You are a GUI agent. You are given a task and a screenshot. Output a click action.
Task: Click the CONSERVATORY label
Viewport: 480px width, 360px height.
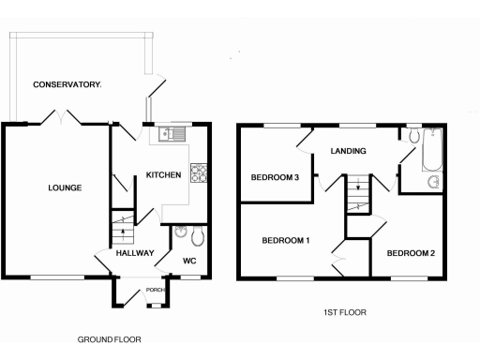click(x=67, y=85)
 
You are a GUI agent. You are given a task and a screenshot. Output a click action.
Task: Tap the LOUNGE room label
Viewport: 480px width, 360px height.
click(x=66, y=188)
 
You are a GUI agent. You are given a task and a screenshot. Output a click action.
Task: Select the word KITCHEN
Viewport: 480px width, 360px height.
click(x=162, y=174)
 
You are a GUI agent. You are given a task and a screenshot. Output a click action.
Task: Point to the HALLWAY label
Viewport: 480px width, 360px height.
click(x=134, y=253)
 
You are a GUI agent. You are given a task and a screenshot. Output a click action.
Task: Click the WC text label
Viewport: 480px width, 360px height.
click(x=188, y=261)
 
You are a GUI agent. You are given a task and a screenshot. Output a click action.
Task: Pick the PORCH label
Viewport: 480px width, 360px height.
click(x=156, y=290)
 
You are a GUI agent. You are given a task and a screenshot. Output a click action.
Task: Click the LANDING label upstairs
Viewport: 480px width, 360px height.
click(x=347, y=151)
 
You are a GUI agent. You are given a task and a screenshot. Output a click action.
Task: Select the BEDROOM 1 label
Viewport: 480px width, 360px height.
click(x=285, y=241)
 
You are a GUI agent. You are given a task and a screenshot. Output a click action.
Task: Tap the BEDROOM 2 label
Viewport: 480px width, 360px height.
click(x=411, y=253)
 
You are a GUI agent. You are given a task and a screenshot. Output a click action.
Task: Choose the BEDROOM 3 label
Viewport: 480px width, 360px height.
click(x=274, y=178)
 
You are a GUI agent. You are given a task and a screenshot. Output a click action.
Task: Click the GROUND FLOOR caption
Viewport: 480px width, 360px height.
click(x=109, y=339)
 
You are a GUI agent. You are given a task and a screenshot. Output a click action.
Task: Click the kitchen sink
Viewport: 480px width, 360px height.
click(x=172, y=134)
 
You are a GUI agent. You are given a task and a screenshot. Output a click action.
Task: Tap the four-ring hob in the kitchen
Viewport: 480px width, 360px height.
click(x=200, y=172)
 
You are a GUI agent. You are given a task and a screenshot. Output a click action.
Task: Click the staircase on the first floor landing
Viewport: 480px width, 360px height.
click(x=355, y=197)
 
